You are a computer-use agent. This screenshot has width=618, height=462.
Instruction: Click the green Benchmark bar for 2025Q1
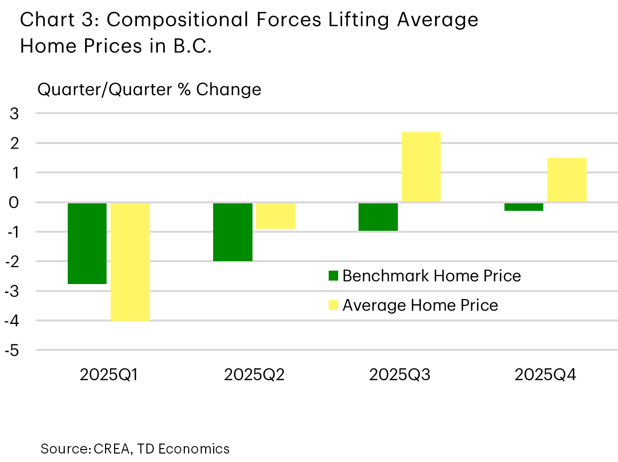87,243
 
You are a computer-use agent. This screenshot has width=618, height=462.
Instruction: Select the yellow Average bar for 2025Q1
130,261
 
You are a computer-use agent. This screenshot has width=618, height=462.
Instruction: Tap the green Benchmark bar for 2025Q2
233,232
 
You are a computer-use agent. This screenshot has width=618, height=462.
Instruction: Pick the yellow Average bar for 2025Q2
275,216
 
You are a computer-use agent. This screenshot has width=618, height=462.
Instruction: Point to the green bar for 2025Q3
378,217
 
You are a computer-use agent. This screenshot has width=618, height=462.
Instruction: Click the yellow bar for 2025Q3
421,167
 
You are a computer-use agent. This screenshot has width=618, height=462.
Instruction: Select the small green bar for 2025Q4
523,207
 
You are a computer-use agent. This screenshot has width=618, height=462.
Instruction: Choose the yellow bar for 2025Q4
567,180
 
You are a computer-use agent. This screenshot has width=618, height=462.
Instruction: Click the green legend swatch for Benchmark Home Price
333,276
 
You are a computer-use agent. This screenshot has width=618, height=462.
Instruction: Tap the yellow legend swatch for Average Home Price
333,305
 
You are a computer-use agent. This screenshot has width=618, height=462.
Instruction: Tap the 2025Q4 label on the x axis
545,375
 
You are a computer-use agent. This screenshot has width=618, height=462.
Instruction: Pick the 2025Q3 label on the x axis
400,375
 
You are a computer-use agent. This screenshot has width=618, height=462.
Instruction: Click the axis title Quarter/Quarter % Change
149,90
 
